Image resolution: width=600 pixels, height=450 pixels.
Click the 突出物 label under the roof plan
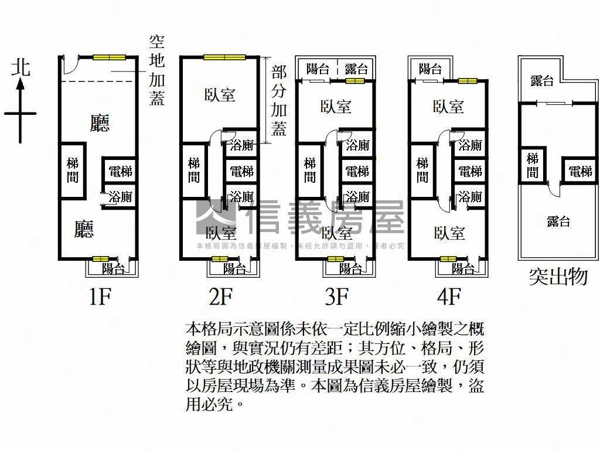558,277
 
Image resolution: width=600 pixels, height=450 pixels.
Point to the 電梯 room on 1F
120,172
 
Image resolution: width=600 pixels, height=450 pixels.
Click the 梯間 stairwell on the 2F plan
194,169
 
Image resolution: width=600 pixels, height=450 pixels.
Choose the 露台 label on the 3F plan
356,69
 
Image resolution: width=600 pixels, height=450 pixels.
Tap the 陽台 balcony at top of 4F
430,69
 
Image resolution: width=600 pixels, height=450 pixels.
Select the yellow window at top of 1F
110,57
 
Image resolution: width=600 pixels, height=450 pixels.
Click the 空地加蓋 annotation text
156,70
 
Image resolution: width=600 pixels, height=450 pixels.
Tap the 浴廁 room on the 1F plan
120,197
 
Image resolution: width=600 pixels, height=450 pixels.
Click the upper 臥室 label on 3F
336,107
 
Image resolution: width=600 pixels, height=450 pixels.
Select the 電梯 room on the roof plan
580,172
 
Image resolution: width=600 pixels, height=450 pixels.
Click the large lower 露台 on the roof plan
558,221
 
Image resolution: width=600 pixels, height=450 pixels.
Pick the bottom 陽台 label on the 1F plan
113,269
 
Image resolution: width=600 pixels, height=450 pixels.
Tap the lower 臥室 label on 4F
449,233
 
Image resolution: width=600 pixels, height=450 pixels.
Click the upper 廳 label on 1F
100,123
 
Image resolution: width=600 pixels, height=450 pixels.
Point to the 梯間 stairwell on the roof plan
533,165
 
